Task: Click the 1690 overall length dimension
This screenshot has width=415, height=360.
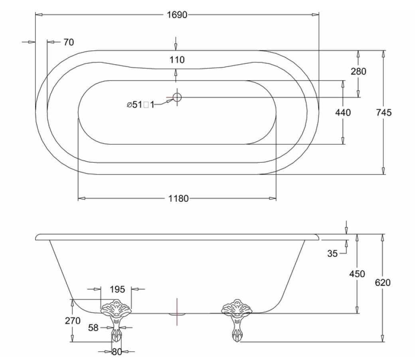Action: click(x=177, y=15)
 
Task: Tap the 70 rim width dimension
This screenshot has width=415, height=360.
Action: click(x=69, y=42)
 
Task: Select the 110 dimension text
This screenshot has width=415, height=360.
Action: click(x=177, y=60)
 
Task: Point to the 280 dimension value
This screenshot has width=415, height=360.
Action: click(x=358, y=71)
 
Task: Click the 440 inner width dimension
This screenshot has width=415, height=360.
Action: click(x=343, y=112)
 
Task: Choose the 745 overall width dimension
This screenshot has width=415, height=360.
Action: click(x=383, y=112)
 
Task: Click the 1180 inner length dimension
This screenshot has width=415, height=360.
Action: click(x=178, y=199)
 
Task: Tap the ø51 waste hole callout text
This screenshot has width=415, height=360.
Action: click(x=140, y=105)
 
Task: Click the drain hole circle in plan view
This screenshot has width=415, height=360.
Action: click(x=177, y=97)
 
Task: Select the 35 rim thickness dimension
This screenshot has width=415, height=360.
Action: click(x=332, y=254)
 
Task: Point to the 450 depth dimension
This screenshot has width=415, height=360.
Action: click(x=357, y=274)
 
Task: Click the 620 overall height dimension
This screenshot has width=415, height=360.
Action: click(x=383, y=283)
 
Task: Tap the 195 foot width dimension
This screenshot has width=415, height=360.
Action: click(x=117, y=289)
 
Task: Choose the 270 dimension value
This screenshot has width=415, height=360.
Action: click(x=73, y=321)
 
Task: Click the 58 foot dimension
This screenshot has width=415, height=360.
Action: click(x=93, y=328)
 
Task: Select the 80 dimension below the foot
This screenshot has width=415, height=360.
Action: click(x=117, y=352)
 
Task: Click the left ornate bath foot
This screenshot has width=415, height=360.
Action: click(x=116, y=321)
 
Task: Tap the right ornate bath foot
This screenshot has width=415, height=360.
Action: click(x=237, y=321)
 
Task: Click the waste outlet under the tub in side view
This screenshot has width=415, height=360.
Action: click(x=177, y=314)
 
